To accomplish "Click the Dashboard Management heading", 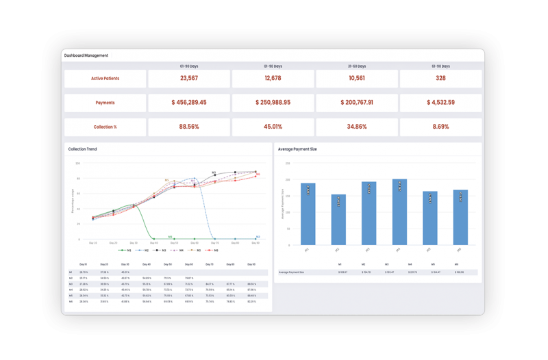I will point(86,55).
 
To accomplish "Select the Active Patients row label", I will point(105,79).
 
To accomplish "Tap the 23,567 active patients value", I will point(188,79).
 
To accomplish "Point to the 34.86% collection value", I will point(356,127).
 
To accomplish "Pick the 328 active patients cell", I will point(440,79).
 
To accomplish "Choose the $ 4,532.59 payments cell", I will point(440,103).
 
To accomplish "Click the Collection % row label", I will point(105,127).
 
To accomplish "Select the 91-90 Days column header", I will point(440,66).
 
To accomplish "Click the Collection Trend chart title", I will point(82,149).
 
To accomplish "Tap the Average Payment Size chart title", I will point(297,149).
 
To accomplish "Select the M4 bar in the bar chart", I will point(399,211).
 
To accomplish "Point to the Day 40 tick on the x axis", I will point(153,242).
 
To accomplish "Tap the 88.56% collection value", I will point(188,127).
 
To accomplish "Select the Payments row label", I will point(105,103).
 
